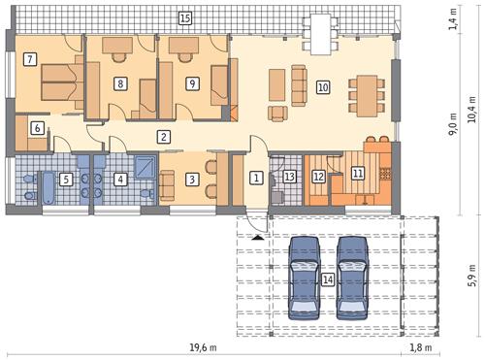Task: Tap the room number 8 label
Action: (x=119, y=82)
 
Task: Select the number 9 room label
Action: (x=192, y=83)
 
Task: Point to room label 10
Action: (x=323, y=87)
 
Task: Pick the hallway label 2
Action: (x=165, y=137)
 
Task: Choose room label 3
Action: (x=192, y=179)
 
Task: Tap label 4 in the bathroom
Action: (x=119, y=179)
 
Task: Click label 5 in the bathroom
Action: (x=65, y=179)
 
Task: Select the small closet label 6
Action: (x=36, y=128)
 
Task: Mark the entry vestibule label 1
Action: (x=255, y=178)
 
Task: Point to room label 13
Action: (x=289, y=177)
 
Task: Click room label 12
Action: (x=318, y=177)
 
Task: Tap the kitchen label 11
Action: (x=357, y=174)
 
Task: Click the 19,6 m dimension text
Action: (x=202, y=346)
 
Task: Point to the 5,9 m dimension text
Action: (x=471, y=272)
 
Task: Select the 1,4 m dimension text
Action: (x=453, y=18)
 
